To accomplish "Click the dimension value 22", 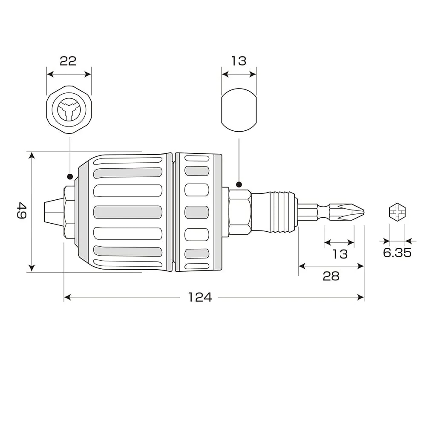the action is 68,61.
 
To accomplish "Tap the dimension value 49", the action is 21,210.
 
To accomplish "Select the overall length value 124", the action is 200,297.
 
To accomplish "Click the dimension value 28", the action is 331,276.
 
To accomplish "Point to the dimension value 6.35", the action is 397,253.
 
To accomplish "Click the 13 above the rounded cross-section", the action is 239,61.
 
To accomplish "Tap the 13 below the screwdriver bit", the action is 340,254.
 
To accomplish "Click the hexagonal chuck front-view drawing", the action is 69,109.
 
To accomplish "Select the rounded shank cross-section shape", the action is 239,110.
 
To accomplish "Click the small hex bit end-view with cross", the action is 397,212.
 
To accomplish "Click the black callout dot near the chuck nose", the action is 70,177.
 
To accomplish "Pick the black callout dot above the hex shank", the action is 239,185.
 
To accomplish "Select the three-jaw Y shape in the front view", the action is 69,110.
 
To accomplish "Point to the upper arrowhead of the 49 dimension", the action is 32,155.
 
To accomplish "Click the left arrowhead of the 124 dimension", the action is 67,297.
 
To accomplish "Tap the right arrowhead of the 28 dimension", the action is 360,266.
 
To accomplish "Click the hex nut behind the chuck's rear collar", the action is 239,212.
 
